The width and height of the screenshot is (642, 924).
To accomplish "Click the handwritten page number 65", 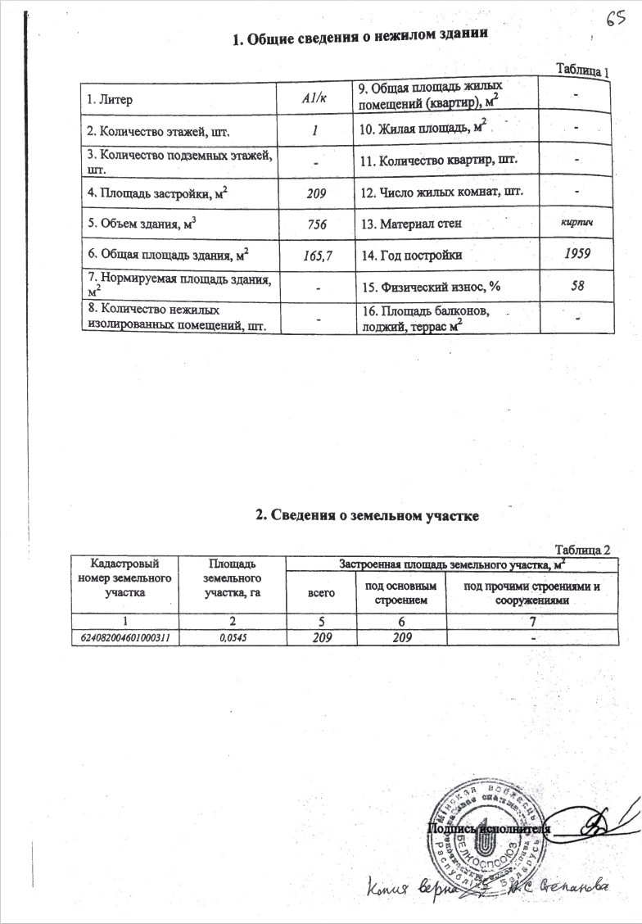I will [x=617, y=17].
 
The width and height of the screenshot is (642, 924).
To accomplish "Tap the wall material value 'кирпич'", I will [x=577, y=223].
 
